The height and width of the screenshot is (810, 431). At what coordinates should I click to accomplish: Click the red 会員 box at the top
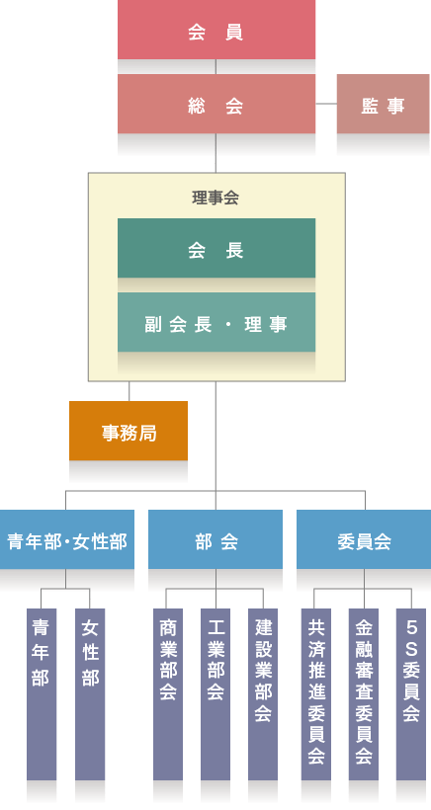(x=216, y=30)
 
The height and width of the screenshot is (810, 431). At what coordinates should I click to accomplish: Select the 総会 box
(x=216, y=104)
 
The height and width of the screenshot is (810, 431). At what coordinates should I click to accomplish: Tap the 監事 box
(x=383, y=104)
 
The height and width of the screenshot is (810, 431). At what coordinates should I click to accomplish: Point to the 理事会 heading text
(x=215, y=198)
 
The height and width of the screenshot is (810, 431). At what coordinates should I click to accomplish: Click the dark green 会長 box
(x=216, y=248)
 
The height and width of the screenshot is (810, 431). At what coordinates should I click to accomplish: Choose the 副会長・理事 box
(x=216, y=322)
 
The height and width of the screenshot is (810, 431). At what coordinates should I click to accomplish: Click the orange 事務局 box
(x=129, y=431)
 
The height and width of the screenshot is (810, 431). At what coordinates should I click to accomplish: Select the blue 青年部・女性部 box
(x=67, y=539)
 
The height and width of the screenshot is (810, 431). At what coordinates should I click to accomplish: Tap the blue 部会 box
(x=215, y=539)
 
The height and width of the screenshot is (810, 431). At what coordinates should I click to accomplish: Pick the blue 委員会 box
(x=364, y=539)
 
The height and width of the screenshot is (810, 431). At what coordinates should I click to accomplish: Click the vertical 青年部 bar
(x=42, y=694)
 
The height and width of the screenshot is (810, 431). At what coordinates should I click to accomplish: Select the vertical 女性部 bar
(x=90, y=694)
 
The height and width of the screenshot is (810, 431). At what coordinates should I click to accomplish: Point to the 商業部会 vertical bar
(x=168, y=694)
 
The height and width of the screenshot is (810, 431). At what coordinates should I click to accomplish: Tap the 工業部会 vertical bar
(x=215, y=694)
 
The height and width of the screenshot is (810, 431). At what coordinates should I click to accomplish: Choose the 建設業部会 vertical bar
(x=263, y=694)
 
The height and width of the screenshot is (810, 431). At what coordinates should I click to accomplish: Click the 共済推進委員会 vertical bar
(x=316, y=694)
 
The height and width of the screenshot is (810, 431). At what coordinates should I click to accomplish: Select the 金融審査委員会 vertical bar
(x=364, y=694)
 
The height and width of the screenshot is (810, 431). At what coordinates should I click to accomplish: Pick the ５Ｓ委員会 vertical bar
(x=411, y=694)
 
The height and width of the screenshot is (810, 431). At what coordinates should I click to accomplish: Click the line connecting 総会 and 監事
(x=326, y=104)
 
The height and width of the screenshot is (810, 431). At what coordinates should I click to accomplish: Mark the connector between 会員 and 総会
(x=216, y=66)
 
